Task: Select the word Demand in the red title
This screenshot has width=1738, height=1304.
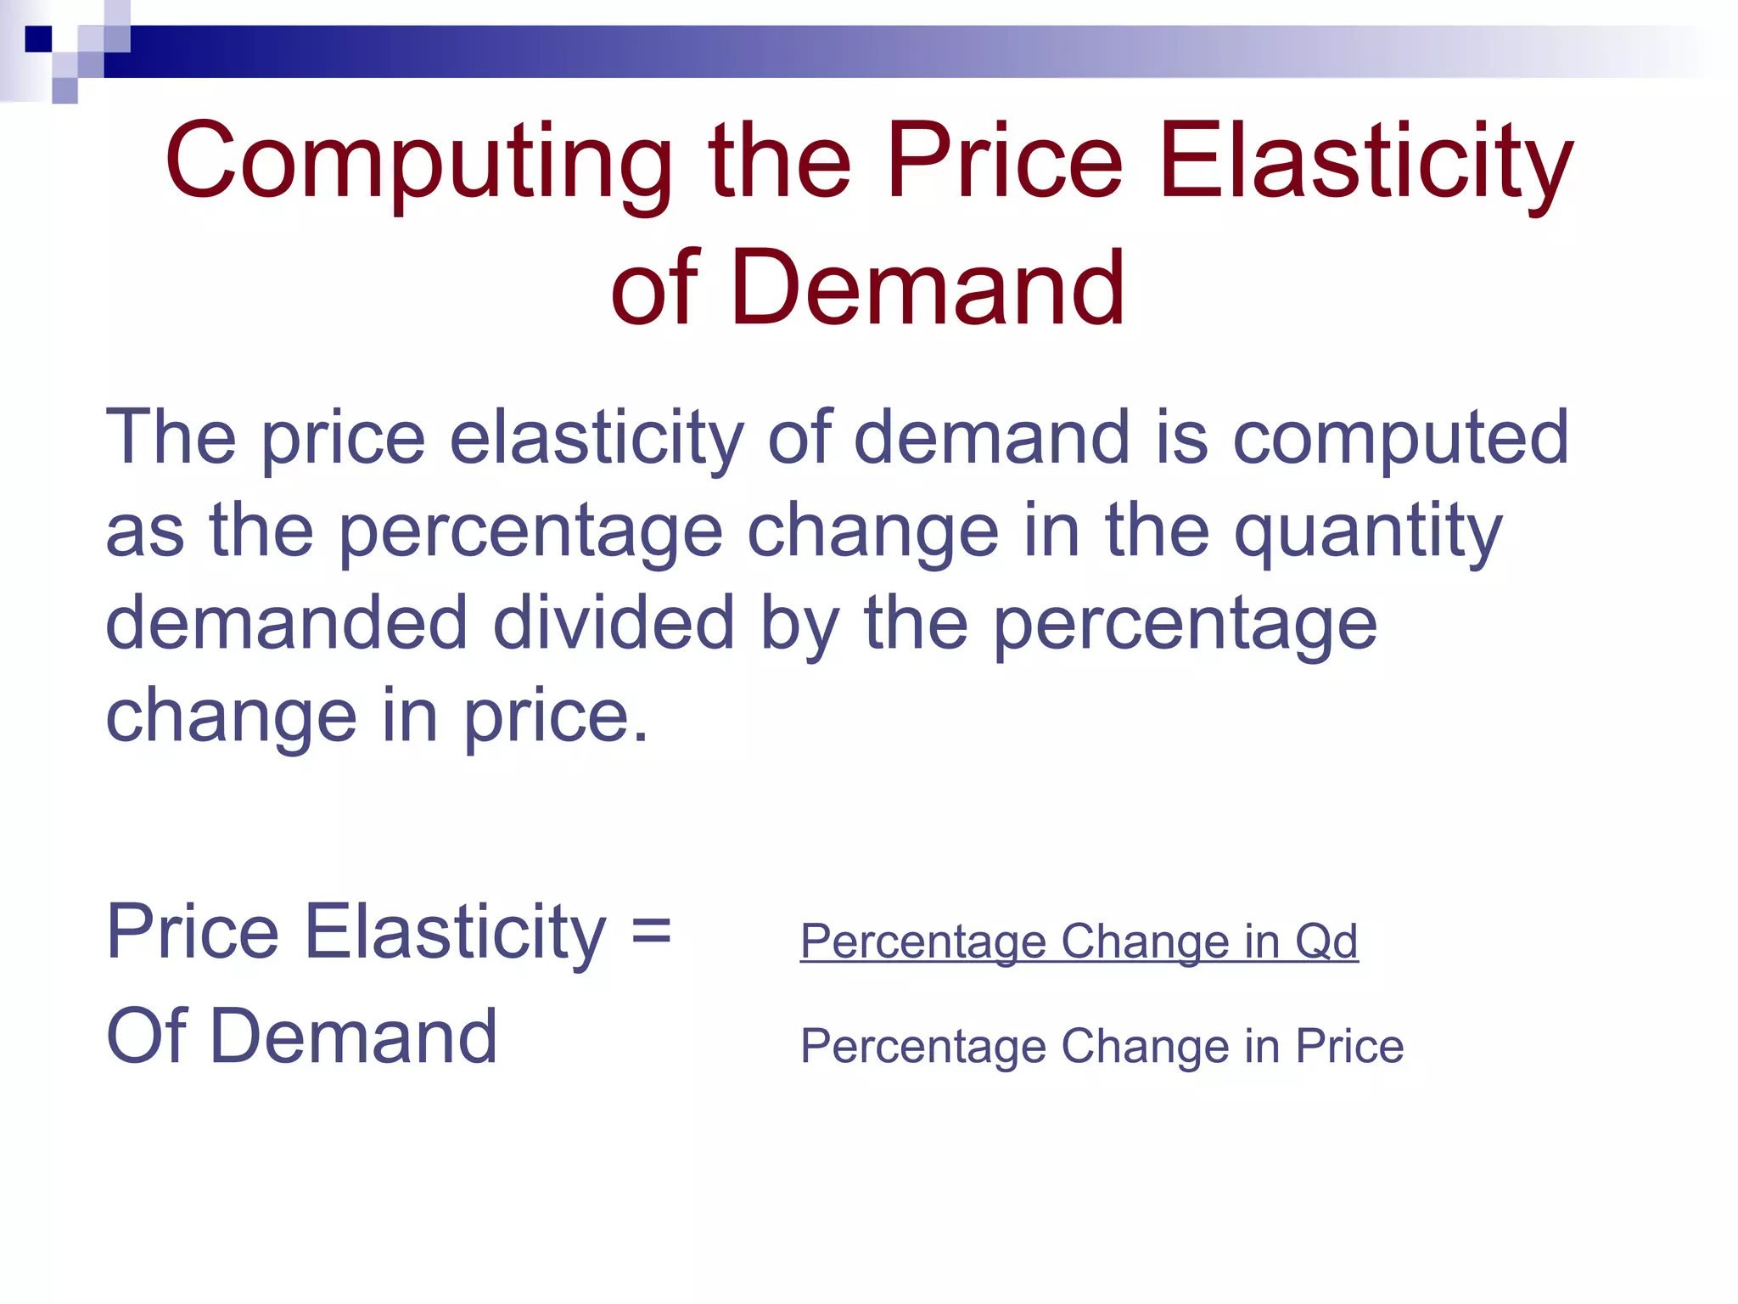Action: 927,289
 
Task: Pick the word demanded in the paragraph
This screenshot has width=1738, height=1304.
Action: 286,624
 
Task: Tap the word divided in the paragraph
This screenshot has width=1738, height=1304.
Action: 613,624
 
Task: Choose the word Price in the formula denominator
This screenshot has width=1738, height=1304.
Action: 1349,1046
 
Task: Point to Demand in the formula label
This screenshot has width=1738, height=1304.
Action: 353,1036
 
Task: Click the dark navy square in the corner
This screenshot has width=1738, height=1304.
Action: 38,39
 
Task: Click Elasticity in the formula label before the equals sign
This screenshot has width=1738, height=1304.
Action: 455,933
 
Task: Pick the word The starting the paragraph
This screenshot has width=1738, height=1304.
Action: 171,439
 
